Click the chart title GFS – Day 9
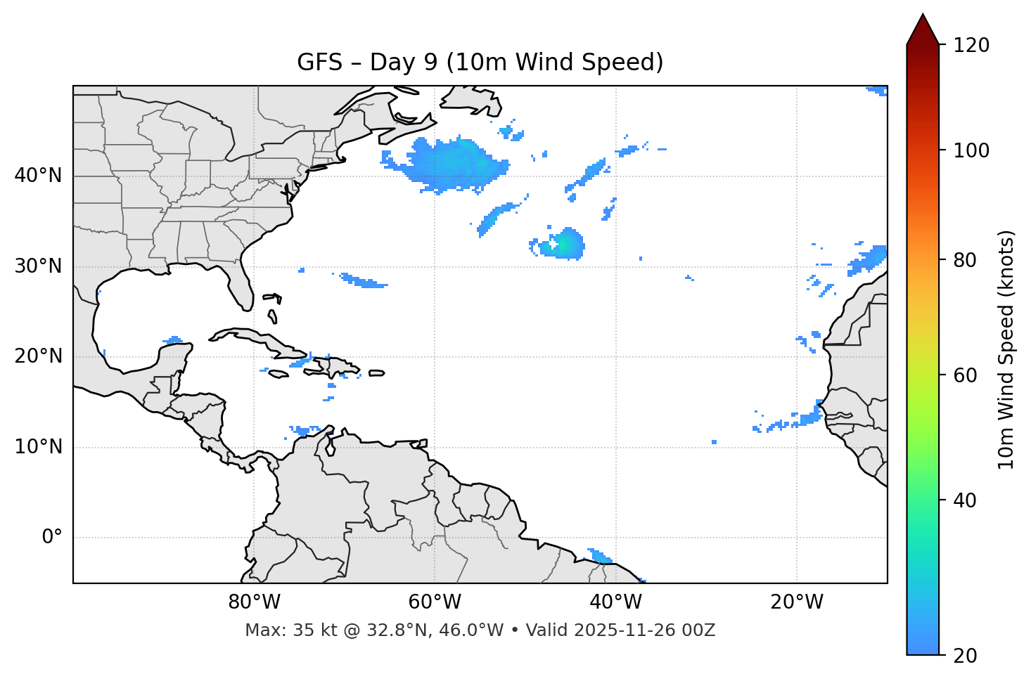click(480, 63)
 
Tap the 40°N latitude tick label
click(38, 176)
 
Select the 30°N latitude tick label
click(38, 266)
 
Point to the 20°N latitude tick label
click(38, 356)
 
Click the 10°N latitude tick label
click(38, 447)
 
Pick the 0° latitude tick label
click(51, 538)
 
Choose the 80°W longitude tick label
click(254, 602)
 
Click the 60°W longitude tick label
click(435, 602)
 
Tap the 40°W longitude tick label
click(615, 602)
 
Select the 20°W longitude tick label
click(796, 602)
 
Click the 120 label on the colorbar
click(971, 46)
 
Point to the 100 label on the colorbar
click(971, 150)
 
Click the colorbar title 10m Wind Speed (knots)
click(1006, 349)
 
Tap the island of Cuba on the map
click(260, 339)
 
